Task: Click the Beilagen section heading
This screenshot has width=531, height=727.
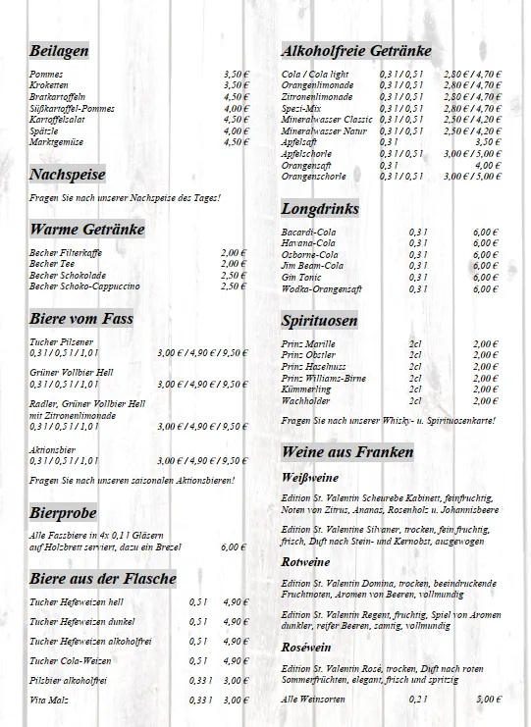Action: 60,51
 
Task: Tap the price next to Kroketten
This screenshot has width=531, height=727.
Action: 236,85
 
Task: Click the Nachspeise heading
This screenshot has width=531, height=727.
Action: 68,176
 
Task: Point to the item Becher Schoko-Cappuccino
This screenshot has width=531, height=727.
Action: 84,286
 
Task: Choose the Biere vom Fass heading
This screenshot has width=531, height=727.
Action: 81,319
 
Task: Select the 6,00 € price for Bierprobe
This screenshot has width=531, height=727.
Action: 235,547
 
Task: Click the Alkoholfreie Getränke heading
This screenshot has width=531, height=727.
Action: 356,51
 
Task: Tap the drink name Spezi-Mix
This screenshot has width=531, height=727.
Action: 302,108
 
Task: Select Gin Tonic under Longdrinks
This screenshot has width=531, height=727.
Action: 300,278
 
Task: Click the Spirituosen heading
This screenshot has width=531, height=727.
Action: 319,321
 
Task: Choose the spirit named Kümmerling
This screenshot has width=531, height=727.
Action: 305,389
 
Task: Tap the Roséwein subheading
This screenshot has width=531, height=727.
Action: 304,647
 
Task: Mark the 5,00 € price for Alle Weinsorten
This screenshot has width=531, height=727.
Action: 488,700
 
